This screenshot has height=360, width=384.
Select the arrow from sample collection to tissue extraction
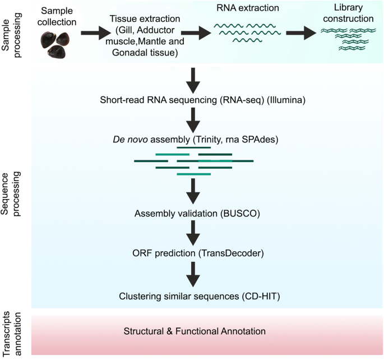(96, 34)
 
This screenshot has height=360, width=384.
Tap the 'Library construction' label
(351, 13)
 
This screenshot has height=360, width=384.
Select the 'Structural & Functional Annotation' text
(194, 331)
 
